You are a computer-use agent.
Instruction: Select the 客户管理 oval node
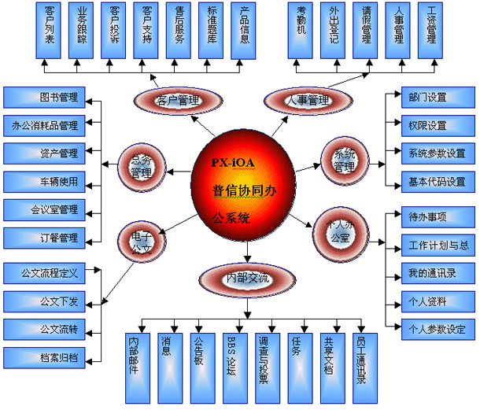click(x=177, y=100)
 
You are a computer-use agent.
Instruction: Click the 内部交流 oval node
click(x=247, y=278)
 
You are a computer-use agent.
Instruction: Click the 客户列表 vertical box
click(x=51, y=31)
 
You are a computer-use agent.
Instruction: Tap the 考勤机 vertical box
click(x=301, y=31)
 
